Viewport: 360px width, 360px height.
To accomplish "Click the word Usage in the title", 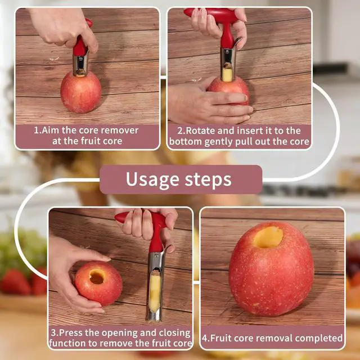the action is [152, 180].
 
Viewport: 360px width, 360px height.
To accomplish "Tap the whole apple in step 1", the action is [81, 92].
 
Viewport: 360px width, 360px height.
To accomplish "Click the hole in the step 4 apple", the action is [268, 237].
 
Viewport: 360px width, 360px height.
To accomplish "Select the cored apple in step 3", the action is [98, 283].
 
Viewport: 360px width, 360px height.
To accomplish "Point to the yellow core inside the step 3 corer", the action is [155, 294].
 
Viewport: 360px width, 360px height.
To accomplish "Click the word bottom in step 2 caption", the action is [185, 142].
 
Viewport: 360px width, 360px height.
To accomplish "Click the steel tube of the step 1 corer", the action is [80, 64].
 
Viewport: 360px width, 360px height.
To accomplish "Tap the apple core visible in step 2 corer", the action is [227, 73].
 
